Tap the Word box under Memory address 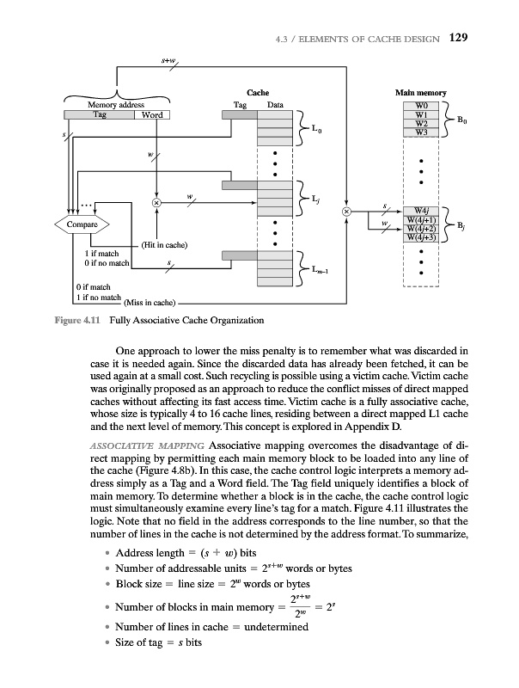[x=152, y=115]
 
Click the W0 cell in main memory [x=420, y=105]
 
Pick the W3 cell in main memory [x=420, y=132]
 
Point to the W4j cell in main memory [x=422, y=210]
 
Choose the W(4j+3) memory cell [x=422, y=237]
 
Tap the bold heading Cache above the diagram [x=258, y=92]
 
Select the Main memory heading [x=420, y=92]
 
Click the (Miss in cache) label [x=150, y=303]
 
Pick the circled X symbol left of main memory [x=345, y=211]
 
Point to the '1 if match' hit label [x=101, y=254]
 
